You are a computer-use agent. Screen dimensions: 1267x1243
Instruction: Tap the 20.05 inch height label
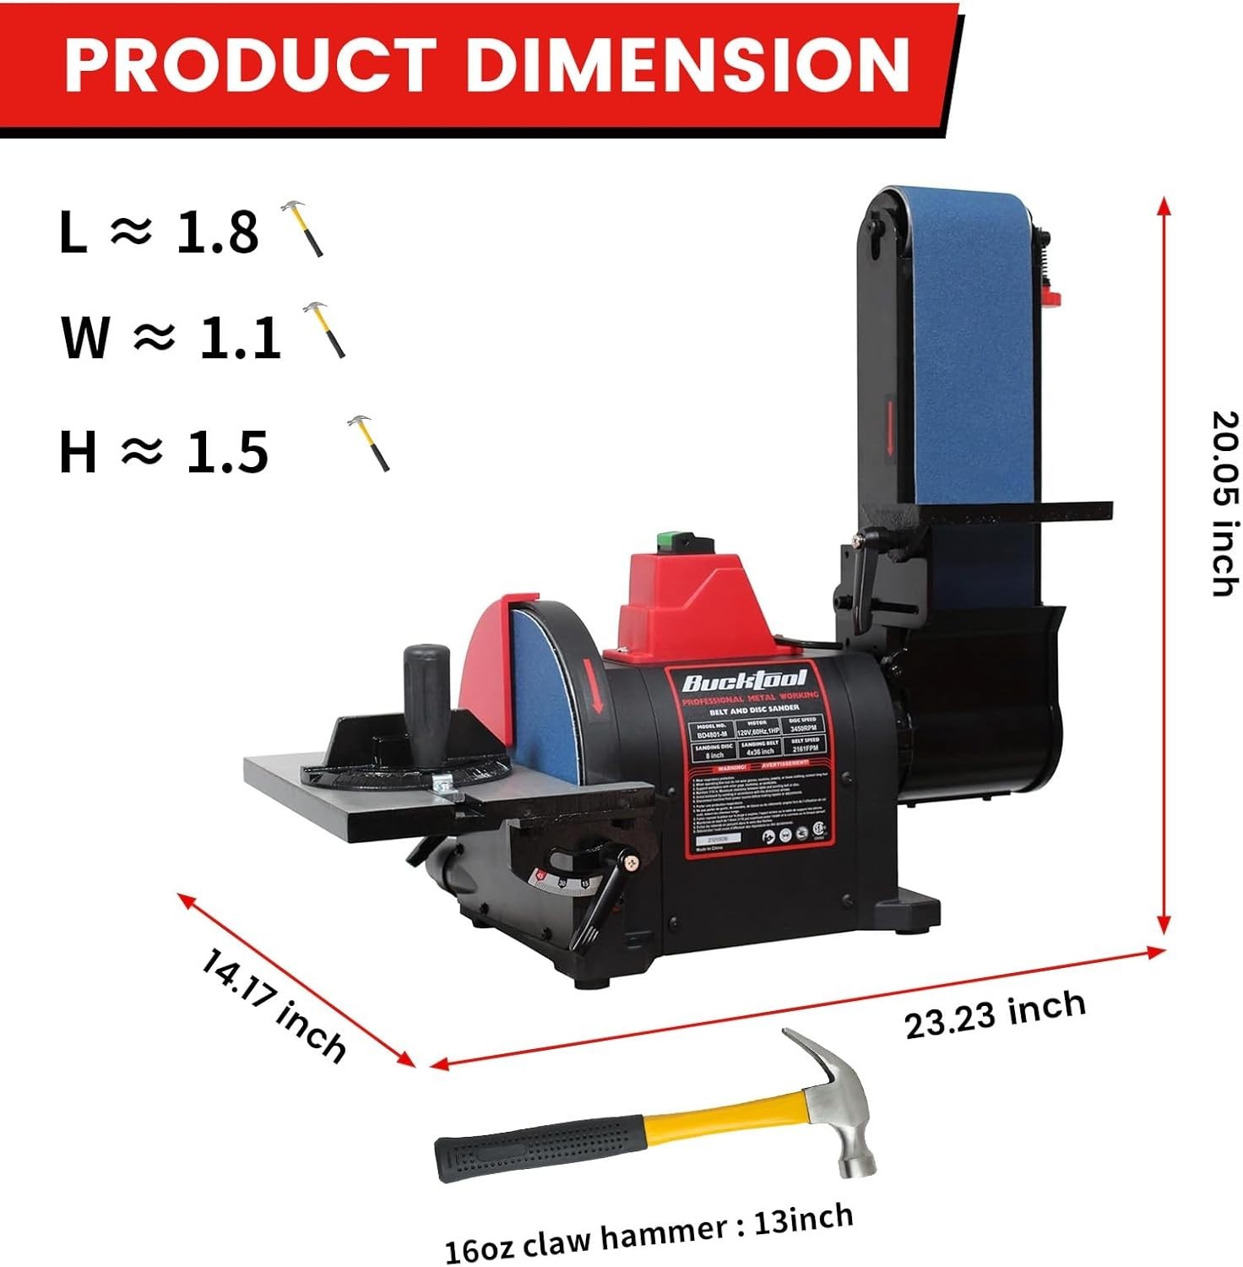coord(1224,503)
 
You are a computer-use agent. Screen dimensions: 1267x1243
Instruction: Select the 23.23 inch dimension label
coord(995,1014)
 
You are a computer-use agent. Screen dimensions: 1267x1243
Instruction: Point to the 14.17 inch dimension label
coord(273,1005)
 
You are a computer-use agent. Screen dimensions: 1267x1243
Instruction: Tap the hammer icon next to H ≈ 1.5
coord(370,443)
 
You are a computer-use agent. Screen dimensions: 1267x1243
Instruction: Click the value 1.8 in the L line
coord(217,231)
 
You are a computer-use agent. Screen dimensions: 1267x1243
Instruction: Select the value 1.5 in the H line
coord(226,452)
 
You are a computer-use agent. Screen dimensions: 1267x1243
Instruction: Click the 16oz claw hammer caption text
coord(649,1232)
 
